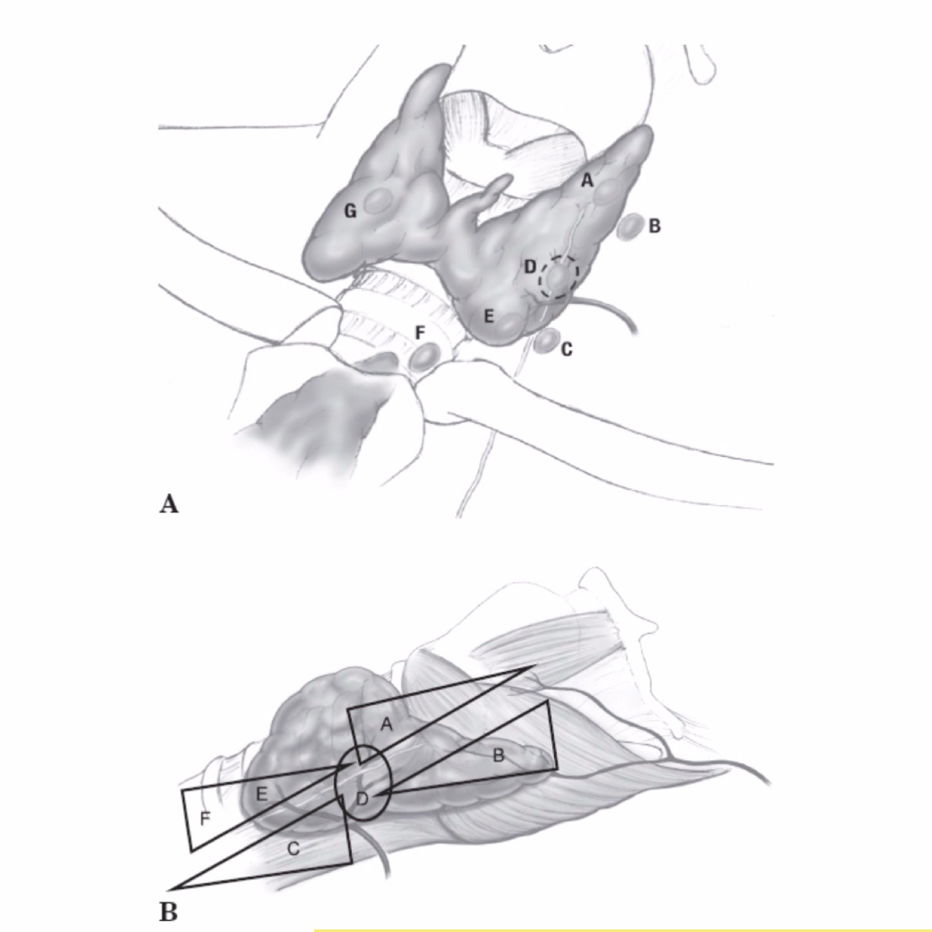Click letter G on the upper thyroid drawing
tap(350, 211)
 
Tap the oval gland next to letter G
tap(379, 201)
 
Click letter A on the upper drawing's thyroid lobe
tap(586, 179)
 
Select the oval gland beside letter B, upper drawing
tap(630, 227)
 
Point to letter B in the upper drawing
tap(654, 226)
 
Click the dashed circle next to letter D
tap(558, 276)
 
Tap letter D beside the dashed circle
tap(530, 267)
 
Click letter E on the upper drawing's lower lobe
tap(489, 316)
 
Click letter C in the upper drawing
tap(566, 349)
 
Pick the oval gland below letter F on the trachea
tap(423, 356)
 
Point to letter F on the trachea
tap(420, 333)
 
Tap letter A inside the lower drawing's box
tap(387, 725)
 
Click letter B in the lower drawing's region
tap(500, 756)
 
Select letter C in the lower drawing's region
tap(294, 848)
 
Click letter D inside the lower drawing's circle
tap(363, 799)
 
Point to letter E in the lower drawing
tap(261, 795)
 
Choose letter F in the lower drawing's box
tap(205, 819)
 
